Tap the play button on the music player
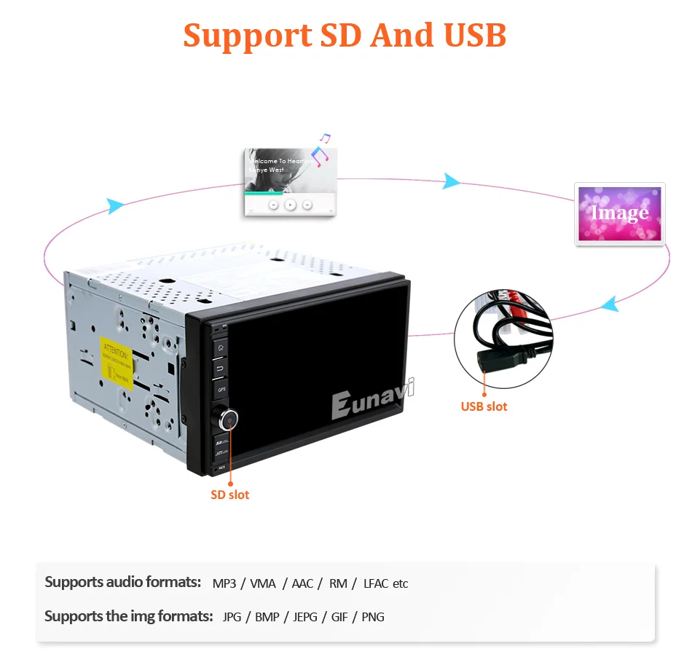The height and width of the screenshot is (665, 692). tap(290, 205)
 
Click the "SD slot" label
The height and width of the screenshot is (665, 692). tap(230, 495)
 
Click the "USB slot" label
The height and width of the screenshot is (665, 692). tap(484, 406)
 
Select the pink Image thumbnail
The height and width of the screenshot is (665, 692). tap(620, 213)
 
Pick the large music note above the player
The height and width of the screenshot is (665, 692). tap(319, 155)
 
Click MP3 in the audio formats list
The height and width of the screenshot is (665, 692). tap(224, 583)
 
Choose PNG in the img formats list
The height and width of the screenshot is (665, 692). tap(373, 617)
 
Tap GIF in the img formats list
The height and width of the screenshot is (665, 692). tap(339, 617)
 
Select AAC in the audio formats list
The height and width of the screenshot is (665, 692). tap(302, 583)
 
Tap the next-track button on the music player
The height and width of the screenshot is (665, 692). tap(307, 205)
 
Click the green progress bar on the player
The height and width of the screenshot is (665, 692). tap(264, 193)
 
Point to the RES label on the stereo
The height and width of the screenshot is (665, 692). tap(221, 466)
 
